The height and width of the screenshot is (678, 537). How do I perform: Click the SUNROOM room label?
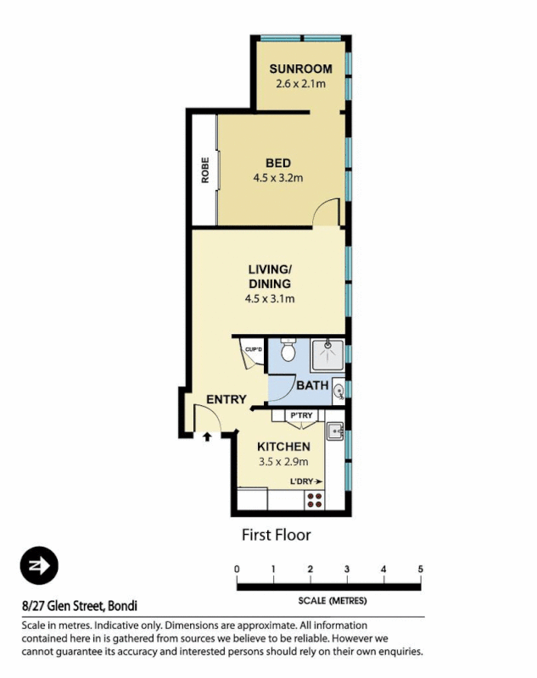tap(299, 69)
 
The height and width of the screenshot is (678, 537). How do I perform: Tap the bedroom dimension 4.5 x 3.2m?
tap(277, 178)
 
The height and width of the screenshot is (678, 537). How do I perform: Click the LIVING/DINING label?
tap(271, 277)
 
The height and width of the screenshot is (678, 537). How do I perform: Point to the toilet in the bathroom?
tap(288, 350)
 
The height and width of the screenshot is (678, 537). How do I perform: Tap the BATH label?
tap(312, 386)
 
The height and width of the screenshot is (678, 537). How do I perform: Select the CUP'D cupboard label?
tap(253, 349)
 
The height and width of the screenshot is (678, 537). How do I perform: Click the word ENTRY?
tap(227, 399)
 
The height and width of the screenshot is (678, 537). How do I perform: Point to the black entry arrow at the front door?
tap(207, 436)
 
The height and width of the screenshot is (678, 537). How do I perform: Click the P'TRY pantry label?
tap(301, 415)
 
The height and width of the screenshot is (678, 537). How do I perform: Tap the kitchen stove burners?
tap(315, 499)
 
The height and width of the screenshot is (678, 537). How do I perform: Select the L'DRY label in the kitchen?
tap(306, 481)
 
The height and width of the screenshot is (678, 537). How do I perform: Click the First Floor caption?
tap(277, 535)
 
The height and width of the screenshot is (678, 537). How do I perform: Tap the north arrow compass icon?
tap(38, 566)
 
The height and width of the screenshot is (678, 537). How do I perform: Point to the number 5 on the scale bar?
tap(421, 569)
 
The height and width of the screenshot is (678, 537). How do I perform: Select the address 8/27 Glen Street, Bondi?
tap(80, 606)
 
